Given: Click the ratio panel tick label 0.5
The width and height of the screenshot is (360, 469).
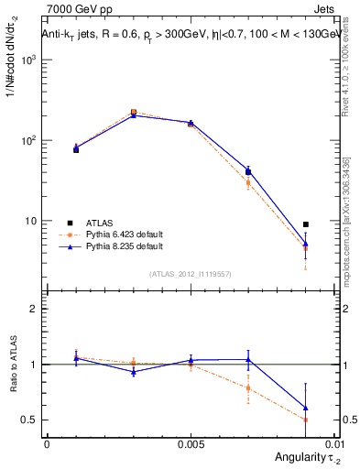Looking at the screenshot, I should (30, 420).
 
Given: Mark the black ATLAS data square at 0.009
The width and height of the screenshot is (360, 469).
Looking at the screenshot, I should (306, 224).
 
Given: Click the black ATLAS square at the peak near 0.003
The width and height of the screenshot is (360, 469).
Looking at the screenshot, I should (134, 113).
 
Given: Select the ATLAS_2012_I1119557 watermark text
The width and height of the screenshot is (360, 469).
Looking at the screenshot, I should (190, 274).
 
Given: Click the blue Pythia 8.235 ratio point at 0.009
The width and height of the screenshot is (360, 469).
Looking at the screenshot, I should (306, 408).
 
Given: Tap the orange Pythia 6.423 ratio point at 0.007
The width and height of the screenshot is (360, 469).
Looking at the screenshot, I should (248, 387).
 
